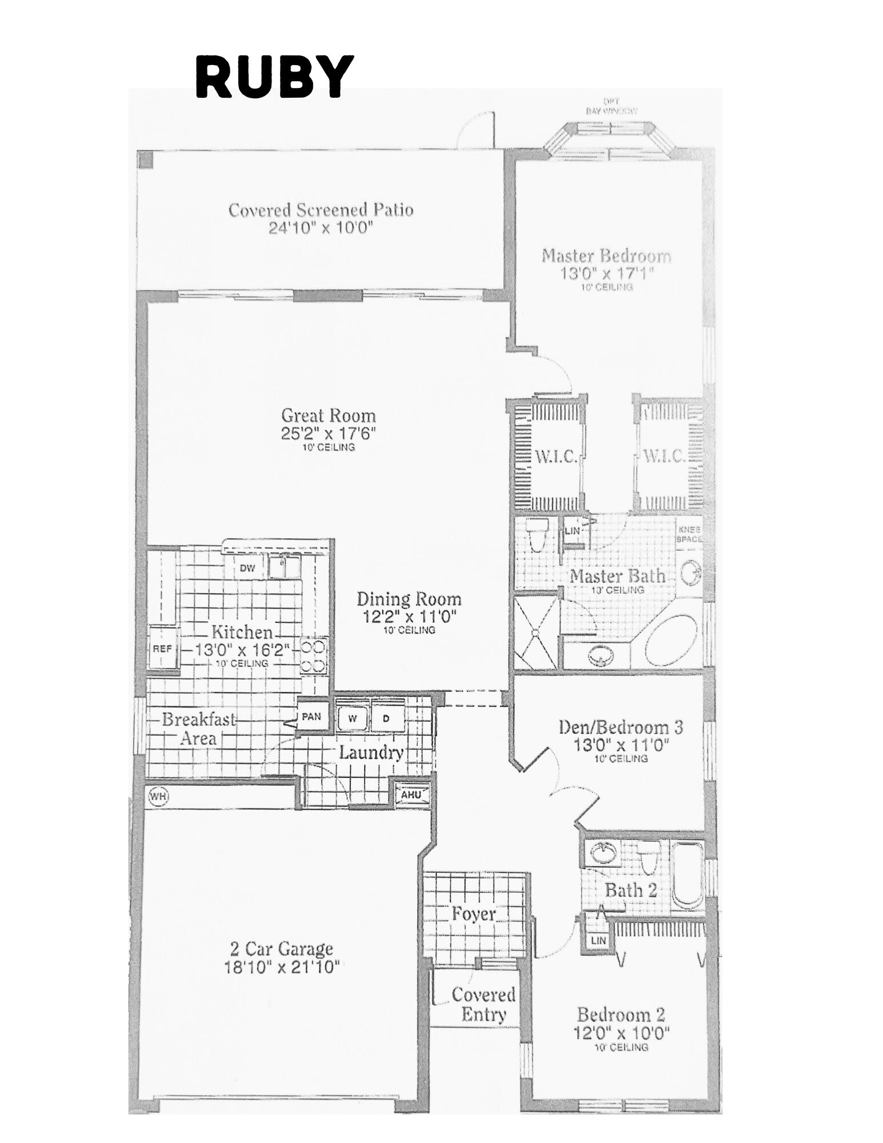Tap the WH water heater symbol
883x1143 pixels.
click(157, 796)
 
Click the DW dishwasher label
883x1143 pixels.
click(247, 568)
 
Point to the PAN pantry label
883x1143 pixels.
click(311, 716)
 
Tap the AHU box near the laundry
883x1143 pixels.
click(410, 794)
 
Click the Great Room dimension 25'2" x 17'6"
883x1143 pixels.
click(328, 433)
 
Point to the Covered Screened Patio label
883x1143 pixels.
click(321, 210)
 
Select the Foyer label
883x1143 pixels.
click(473, 913)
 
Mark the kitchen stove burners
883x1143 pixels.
click(313, 655)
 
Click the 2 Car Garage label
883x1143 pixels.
click(281, 949)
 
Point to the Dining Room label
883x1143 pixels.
click(409, 599)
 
